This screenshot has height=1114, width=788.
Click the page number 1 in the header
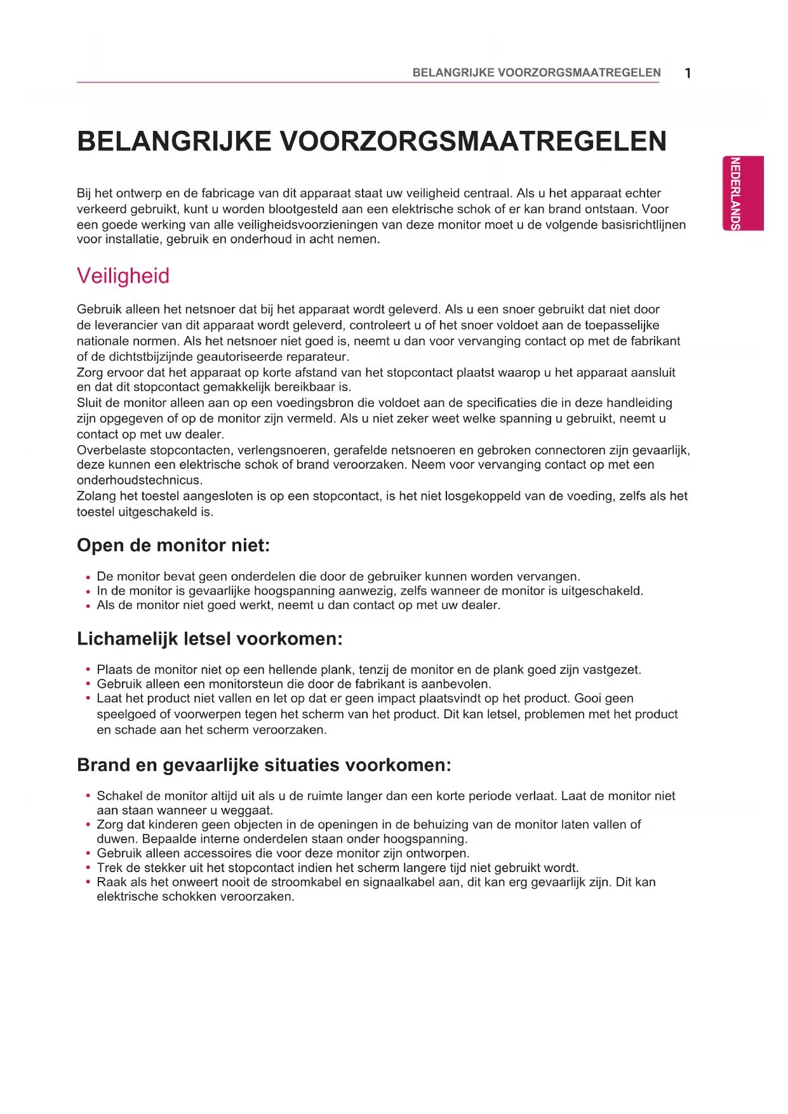pos(688,73)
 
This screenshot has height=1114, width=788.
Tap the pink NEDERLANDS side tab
pos(742,193)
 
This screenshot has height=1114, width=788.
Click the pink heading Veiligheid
pos(123,276)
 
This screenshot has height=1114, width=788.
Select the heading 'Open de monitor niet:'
pos(173,545)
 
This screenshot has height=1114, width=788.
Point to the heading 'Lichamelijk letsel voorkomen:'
pos(210,638)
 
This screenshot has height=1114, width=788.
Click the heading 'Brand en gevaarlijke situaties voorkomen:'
pos(264,765)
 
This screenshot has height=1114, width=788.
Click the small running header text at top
pos(537,72)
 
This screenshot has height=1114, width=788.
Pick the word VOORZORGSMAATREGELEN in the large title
pos(472,141)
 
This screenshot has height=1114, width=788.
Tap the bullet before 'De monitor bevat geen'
pos(88,578)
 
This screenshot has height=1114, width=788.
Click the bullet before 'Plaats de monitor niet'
pos(88,669)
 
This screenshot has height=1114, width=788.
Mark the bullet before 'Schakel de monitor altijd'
pos(88,796)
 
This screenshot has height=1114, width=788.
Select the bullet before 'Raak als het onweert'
pos(88,882)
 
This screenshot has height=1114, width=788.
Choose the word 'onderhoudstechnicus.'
pos(140,480)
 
